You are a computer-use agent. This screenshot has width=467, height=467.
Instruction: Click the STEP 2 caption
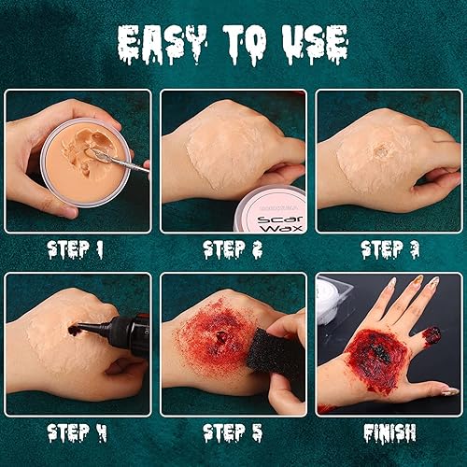click(232, 249)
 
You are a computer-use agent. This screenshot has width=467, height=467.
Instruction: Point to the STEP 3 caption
click(389, 249)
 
